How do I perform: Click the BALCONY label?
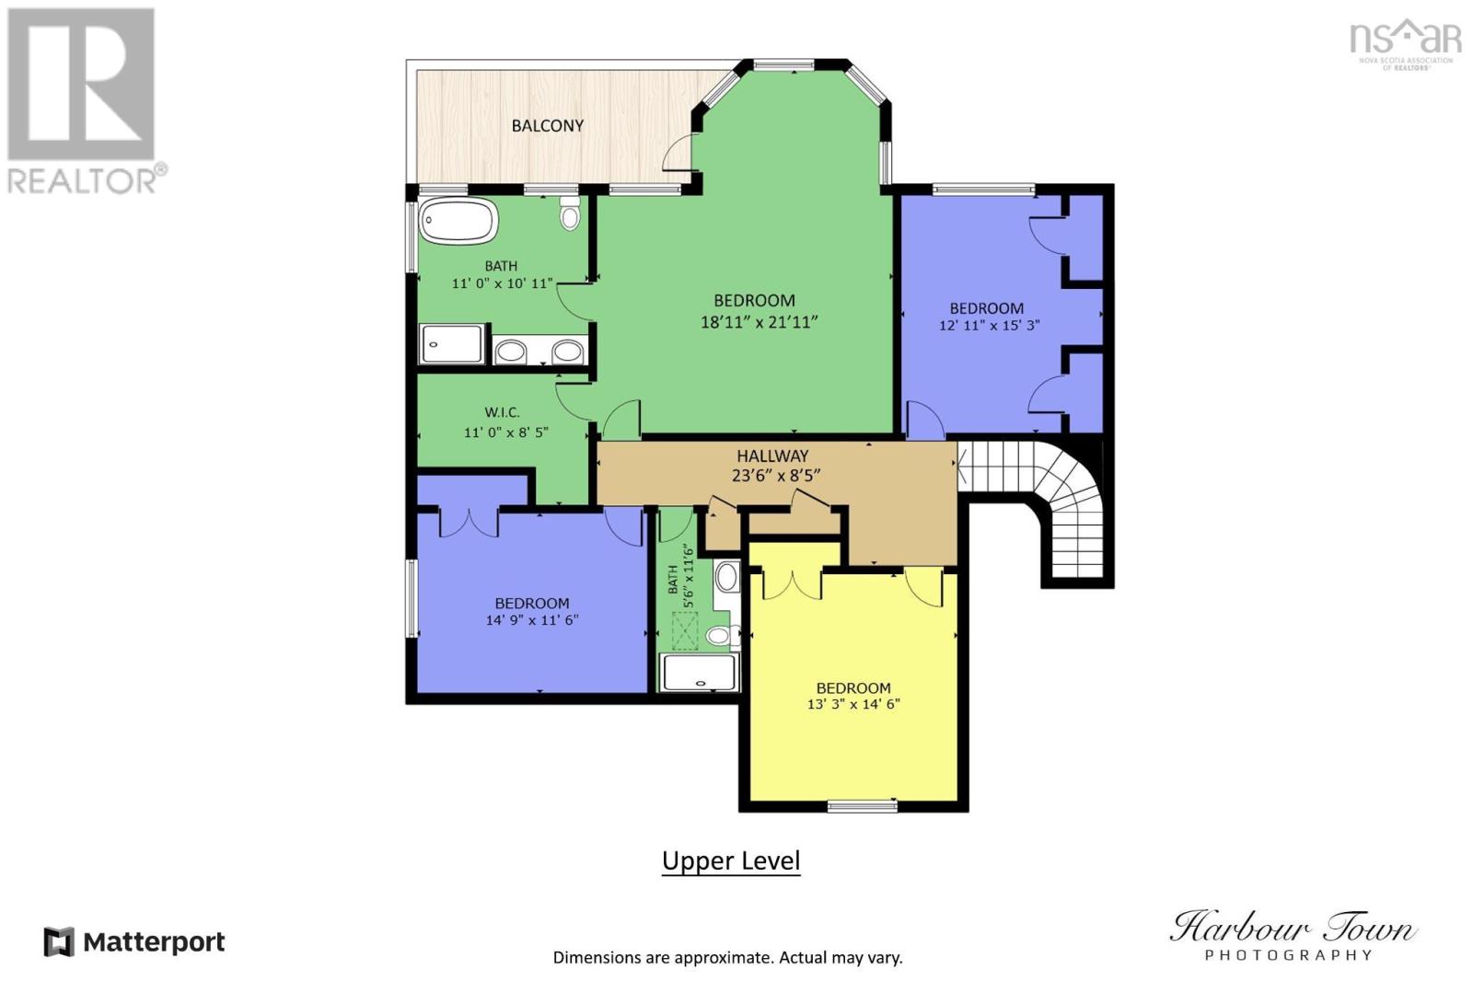pos(547,126)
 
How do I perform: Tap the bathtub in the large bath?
pos(458,222)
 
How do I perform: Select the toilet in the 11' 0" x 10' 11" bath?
pos(570,215)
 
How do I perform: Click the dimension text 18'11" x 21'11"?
pos(759,322)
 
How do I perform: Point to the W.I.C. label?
pos(502,412)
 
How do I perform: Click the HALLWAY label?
pos(771,456)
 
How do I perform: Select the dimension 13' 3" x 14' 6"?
pos(852,705)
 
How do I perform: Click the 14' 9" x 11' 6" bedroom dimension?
pos(531,620)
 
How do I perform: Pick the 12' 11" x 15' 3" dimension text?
pos(989,325)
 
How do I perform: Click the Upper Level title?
pos(731,861)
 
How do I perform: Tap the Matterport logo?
pos(134,942)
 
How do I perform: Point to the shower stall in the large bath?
pos(451,344)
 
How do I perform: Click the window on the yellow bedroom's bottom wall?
pos(862,806)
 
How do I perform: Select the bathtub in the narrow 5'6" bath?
pos(700,673)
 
